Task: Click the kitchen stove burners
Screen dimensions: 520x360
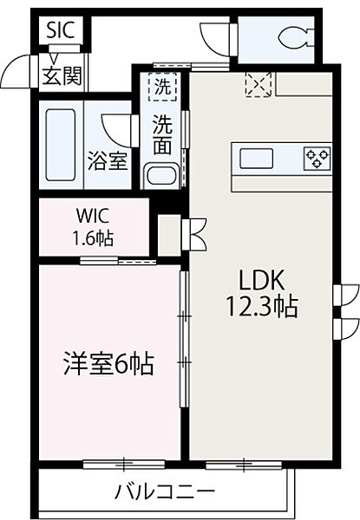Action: click(317, 158)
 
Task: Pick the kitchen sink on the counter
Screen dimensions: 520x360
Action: click(258, 158)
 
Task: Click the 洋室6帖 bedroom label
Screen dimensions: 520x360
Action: click(108, 366)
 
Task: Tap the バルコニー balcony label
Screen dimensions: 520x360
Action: click(165, 491)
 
